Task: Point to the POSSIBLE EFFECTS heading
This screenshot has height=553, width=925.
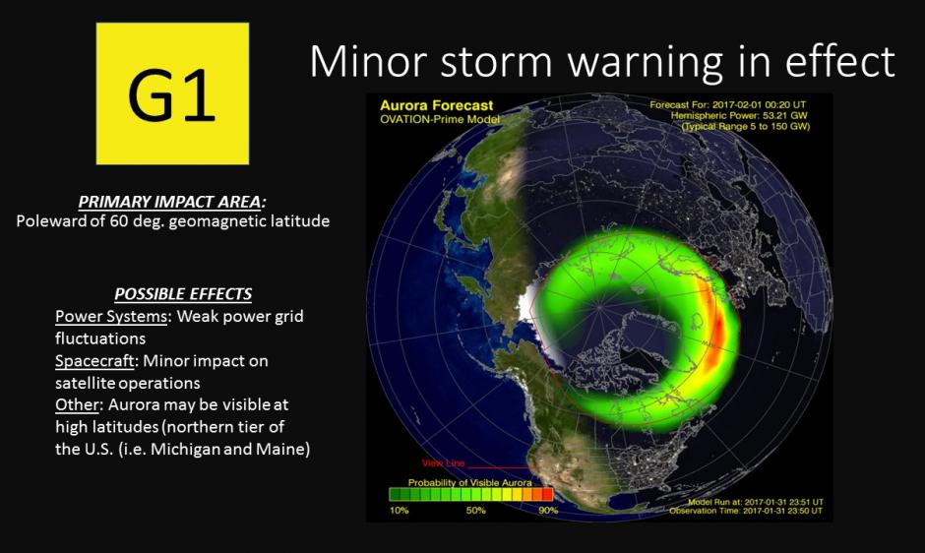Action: [x=183, y=294]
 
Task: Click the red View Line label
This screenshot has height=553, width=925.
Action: [x=444, y=462]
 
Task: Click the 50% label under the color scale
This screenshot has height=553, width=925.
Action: [x=476, y=511]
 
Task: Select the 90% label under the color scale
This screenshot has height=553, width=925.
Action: [x=548, y=511]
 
